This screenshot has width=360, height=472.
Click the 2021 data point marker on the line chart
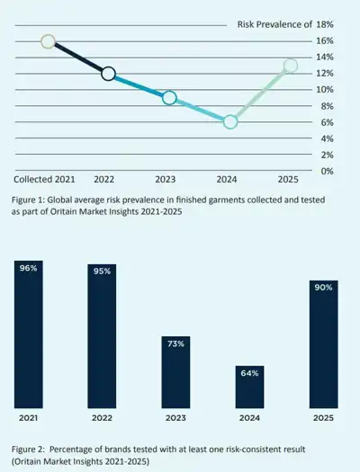tap(49, 41)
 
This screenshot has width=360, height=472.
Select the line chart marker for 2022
tap(109, 74)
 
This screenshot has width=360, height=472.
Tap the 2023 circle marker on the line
tap(169, 98)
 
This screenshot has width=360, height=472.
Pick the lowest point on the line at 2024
tap(230, 121)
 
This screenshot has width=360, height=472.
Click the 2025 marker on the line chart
tap(291, 66)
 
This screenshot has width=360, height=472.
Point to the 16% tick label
tap(325, 41)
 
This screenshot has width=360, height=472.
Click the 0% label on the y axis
tap(328, 172)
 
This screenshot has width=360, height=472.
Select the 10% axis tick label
tap(325, 90)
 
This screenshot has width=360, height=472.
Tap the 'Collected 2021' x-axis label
tap(44, 180)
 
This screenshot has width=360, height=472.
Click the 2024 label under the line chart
tap(227, 180)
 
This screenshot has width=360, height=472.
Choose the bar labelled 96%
tap(29, 334)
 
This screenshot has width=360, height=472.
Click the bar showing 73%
tap(175, 372)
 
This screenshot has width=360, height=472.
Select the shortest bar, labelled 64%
tap(249, 387)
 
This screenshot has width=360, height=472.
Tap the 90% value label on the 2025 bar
tap(323, 288)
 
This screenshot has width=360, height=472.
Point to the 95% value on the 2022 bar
tap(102, 272)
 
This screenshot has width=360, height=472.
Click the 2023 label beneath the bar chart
tap(175, 418)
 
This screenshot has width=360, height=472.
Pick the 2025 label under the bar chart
tap(323, 418)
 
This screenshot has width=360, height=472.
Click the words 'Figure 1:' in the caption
tap(28, 200)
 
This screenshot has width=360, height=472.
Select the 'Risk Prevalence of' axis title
tap(274, 24)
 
